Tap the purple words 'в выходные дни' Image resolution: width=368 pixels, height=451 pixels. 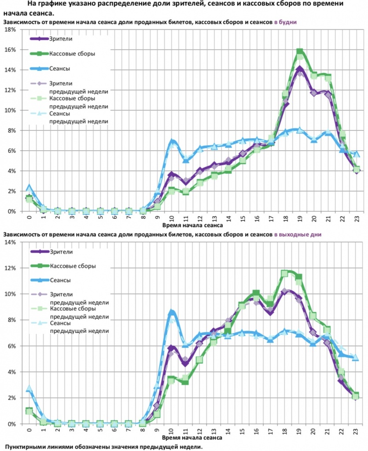click(x=298, y=235)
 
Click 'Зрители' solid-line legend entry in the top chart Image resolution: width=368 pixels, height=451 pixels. click(x=61, y=39)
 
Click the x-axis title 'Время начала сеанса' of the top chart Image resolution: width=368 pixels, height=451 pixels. click(x=192, y=225)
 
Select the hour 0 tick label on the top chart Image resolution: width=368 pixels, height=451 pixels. click(x=29, y=217)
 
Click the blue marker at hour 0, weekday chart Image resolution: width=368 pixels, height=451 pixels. click(x=29, y=188)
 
